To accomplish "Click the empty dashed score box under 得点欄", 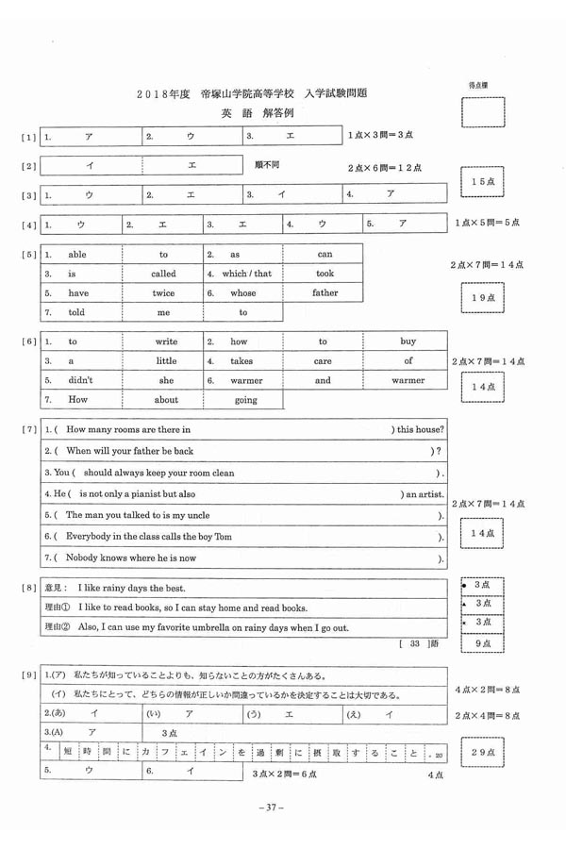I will click(x=482, y=112).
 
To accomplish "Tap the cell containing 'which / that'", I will click(x=247, y=274).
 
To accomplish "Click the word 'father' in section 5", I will click(x=325, y=293).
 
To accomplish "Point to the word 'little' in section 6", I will click(x=166, y=361).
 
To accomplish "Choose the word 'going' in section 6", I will click(x=245, y=400).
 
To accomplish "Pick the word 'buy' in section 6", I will click(x=408, y=341).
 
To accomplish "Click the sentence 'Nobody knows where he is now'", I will click(x=131, y=558).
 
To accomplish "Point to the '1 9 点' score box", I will click(x=482, y=298).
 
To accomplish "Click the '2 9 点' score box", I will click(x=482, y=752).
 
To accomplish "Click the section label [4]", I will click(x=28, y=225).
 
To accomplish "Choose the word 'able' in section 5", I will click(x=77, y=255).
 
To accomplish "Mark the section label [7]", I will click(x=28, y=430).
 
